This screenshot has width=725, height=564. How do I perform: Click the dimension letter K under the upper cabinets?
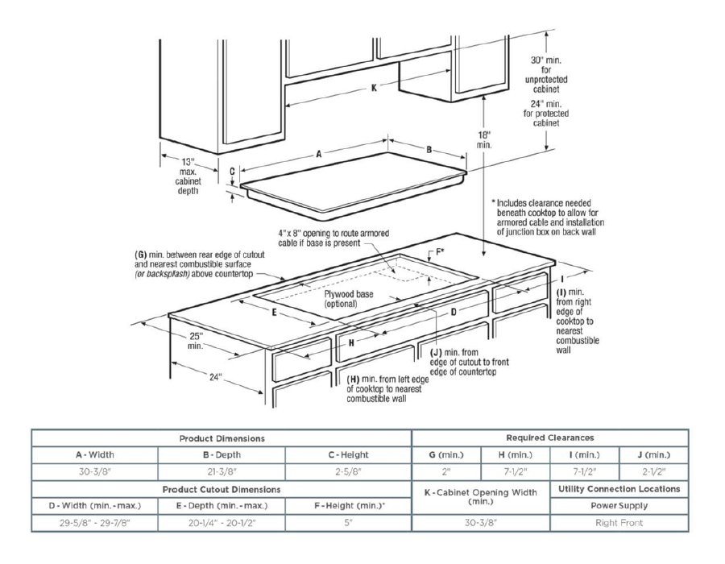374,88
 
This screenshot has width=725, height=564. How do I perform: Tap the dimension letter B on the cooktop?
429,149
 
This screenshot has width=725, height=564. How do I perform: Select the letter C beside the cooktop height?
231,172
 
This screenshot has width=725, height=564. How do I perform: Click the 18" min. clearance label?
484,139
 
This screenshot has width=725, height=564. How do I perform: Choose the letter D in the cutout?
453,310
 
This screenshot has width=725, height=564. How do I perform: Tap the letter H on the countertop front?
351,342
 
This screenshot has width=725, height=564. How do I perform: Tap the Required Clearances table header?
550,438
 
